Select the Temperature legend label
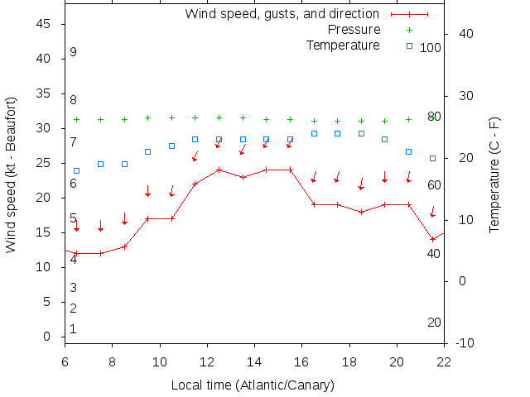tap(343, 45)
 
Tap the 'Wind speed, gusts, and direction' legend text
tap(282, 14)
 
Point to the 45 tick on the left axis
tap(45, 24)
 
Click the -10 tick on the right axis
tap(466, 342)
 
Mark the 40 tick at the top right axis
tap(465, 34)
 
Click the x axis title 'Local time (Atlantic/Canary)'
tap(253, 385)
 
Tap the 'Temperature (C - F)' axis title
tap(494, 174)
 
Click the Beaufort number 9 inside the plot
tap(73, 52)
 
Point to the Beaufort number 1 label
tap(73, 329)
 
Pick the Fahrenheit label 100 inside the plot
tap(431, 48)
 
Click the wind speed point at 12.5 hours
tap(219, 170)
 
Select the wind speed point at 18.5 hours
tap(361, 212)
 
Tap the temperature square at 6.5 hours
tap(77, 170)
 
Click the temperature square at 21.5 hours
tap(432, 158)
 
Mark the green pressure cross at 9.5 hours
tap(147, 117)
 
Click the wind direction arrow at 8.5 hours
tap(124, 218)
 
